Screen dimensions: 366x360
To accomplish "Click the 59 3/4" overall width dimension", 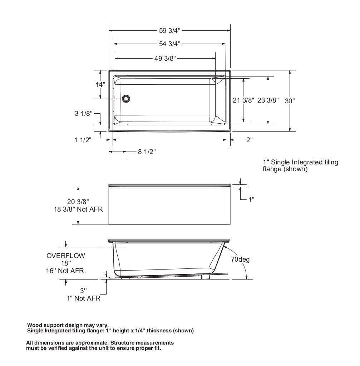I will tap(170, 30).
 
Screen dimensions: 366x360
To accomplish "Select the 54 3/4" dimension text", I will tap(169, 44).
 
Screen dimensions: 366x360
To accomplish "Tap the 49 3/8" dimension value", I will tap(165, 59).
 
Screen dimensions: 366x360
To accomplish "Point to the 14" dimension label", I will tap(101, 84).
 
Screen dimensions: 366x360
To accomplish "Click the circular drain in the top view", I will tap(126, 99).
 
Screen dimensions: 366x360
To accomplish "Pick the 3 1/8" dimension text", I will tap(84, 114).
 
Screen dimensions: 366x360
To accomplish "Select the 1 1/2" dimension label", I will tap(83, 140).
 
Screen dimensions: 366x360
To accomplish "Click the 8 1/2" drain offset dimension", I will tap(147, 152).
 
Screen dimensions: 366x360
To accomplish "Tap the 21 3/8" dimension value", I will tap(243, 100).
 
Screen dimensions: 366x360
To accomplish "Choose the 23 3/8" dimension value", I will tap(268, 100).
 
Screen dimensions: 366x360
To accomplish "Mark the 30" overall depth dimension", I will tap(290, 101).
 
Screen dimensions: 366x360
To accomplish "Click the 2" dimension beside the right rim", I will tap(249, 140).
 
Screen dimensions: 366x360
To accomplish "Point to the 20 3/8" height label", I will tap(78, 202).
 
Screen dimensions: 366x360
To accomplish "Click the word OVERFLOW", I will tap(66, 256).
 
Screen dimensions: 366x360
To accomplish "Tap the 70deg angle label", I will tap(240, 259).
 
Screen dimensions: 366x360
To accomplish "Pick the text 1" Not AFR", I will tap(84, 298).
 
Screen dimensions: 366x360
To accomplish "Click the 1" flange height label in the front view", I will tap(251, 199).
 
